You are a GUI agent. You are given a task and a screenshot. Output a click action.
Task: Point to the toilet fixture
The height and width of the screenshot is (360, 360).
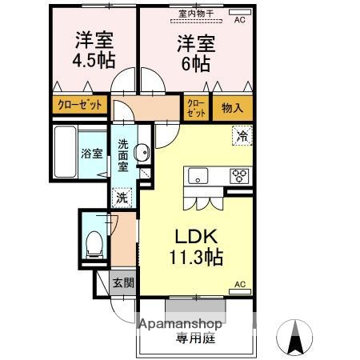click(93, 242)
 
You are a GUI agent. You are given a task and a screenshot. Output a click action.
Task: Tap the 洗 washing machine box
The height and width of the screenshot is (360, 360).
click(120, 197)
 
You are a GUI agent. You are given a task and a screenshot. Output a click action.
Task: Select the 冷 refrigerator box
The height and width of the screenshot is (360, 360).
click(241, 137)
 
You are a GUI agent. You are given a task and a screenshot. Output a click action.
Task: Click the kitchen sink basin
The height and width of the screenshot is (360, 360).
click(197, 177)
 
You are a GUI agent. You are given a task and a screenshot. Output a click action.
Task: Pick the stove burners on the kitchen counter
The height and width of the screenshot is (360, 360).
click(239, 177)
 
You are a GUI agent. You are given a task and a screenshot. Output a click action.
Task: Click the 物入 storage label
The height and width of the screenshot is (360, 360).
click(233, 108)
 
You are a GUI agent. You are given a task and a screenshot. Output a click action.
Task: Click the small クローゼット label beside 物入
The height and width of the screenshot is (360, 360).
click(196, 108)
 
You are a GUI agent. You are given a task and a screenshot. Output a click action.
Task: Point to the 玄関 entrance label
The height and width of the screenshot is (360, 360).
click(122, 282)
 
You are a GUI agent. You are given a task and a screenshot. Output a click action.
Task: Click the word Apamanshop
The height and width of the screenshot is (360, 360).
click(182, 326)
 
